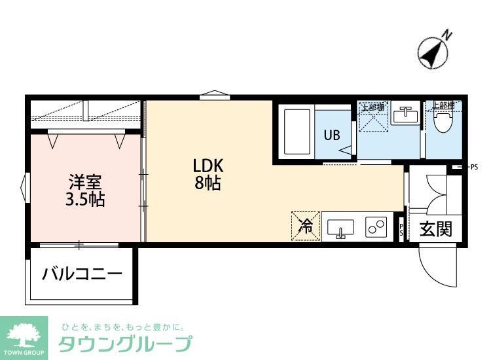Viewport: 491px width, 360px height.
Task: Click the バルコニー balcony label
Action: (82, 272)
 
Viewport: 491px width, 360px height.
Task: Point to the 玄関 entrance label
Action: (435, 230)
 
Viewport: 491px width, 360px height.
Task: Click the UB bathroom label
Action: (332, 135)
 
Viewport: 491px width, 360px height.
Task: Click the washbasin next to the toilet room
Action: (406, 116)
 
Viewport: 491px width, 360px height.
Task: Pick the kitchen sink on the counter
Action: (339, 228)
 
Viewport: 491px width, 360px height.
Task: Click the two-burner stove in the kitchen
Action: (376, 228)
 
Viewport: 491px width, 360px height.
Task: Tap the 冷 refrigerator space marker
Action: (305, 226)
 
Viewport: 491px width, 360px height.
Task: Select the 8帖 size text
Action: (207, 183)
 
